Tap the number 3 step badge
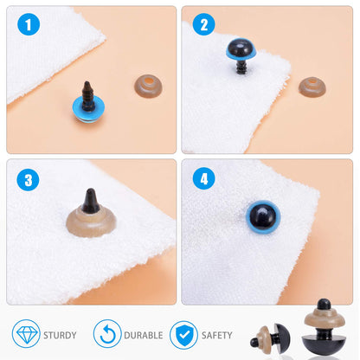[29, 180]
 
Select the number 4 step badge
[204, 180]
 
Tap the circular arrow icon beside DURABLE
[106, 334]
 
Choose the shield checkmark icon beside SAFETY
[182, 334]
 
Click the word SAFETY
[216, 335]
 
